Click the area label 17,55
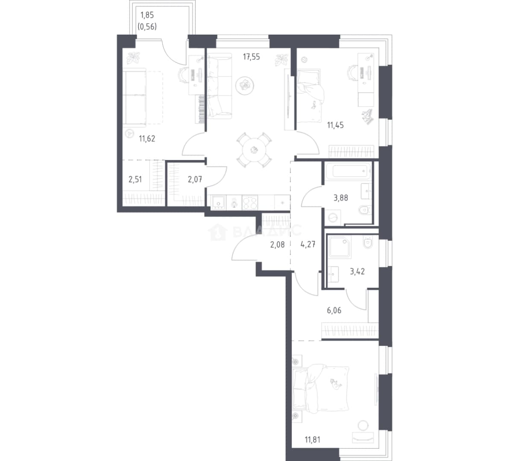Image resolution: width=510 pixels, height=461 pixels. tap(252, 57)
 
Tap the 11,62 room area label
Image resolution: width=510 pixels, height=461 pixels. tap(147, 139)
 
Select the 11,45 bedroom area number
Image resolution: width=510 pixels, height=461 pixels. tap(335, 125)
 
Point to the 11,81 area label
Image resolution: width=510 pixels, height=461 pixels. tap(313, 440)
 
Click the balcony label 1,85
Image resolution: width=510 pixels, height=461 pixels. tap(147, 15)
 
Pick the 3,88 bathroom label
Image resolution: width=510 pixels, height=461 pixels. tap(341, 198)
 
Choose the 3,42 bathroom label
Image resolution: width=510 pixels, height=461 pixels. tap(357, 271)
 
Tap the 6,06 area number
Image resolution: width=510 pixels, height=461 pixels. tap(334, 310)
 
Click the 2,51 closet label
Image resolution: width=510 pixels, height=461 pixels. tap(135, 179)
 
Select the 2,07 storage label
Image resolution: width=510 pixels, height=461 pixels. tap(195, 179)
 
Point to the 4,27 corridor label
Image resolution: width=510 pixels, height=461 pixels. tap(308, 244)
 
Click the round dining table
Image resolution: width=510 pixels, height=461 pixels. tap(254, 150)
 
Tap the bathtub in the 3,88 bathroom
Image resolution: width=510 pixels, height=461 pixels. tap(347, 171)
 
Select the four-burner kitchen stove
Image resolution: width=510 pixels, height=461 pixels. tap(250, 202)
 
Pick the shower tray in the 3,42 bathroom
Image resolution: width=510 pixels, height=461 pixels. tap(340, 247)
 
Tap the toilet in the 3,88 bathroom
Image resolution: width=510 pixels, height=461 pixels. tap(365, 209)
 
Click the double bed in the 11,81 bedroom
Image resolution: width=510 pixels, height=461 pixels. tap(321, 389)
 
